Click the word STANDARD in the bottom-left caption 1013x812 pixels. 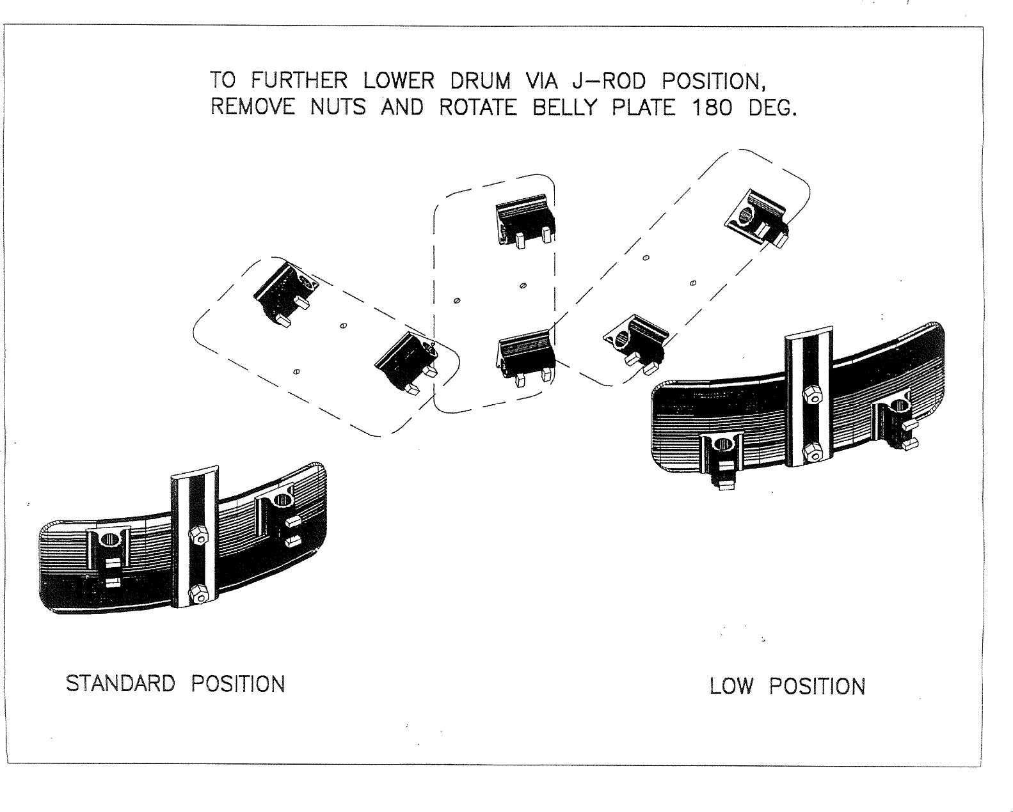point(120,683)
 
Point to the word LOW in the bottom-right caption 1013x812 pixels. point(732,687)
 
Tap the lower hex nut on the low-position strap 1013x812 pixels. point(811,451)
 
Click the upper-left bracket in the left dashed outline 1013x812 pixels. point(283,291)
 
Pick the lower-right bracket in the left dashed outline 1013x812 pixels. point(405,361)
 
